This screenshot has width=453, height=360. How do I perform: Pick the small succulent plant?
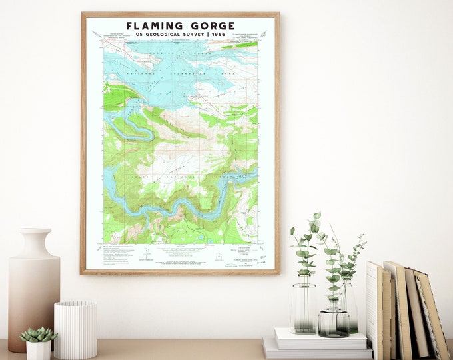pyautogui.click(x=38, y=334)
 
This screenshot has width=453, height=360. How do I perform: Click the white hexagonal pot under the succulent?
pyautogui.click(x=38, y=350)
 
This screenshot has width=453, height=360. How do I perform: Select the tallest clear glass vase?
pyautogui.click(x=303, y=307)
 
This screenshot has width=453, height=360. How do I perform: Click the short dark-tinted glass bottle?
pyautogui.click(x=332, y=322)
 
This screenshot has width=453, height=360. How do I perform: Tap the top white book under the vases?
pyautogui.click(x=320, y=338)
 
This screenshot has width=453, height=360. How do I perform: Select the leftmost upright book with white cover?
pyautogui.click(x=372, y=310)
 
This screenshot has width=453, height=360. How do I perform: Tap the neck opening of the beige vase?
pyautogui.click(x=33, y=231)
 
